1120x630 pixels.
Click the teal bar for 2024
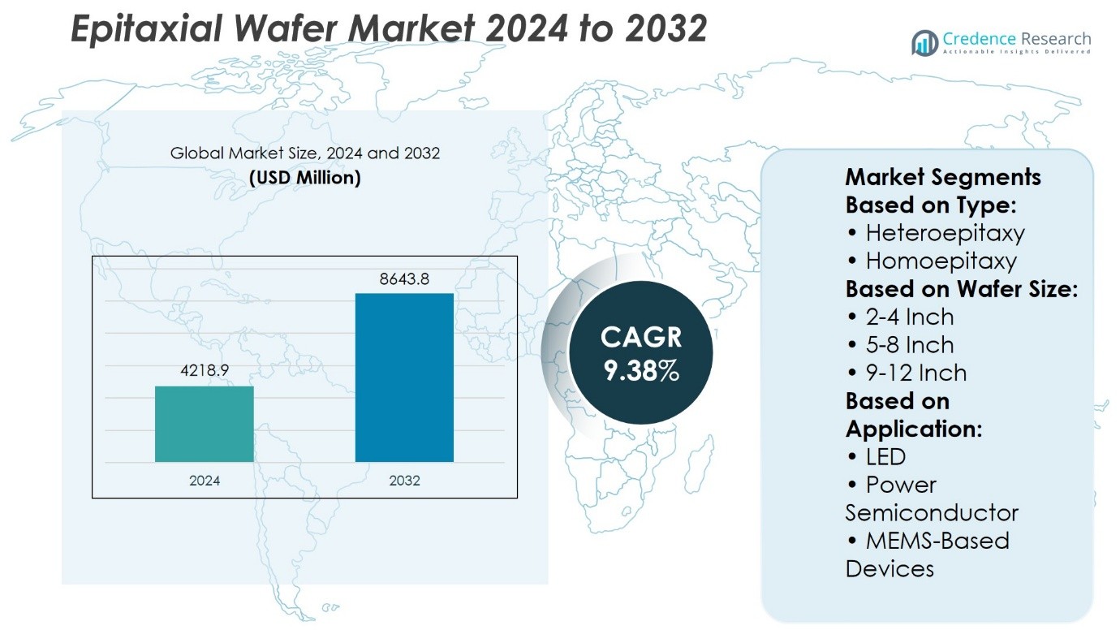205,424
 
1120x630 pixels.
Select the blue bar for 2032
404,378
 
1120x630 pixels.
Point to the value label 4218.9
205,371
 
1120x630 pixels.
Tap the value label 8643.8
404,279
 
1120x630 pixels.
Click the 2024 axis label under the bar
205,481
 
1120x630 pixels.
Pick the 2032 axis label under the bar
404,481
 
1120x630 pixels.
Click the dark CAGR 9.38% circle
641,353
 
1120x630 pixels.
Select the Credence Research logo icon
924,42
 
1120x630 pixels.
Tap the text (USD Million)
305,177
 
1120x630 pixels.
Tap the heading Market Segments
943,177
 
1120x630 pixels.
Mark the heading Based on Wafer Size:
962,289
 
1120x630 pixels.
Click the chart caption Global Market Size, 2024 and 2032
305,153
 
